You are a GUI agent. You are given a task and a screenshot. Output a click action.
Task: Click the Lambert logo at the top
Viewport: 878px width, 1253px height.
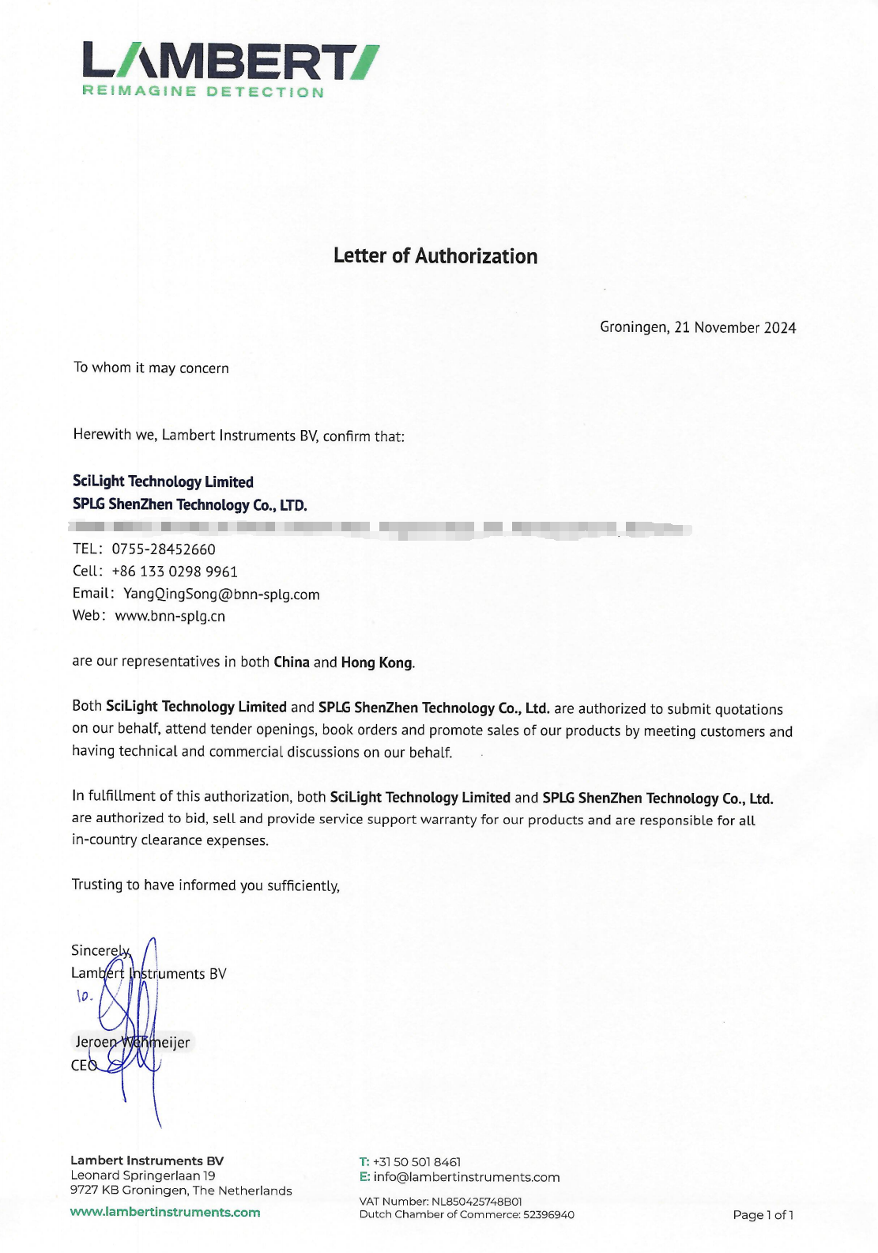230,62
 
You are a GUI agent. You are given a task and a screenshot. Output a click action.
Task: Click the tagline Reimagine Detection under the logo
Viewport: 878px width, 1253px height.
203,92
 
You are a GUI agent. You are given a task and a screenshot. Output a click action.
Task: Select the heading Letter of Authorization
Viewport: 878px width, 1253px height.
435,256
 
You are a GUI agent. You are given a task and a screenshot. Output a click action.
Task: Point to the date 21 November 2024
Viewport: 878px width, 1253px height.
735,327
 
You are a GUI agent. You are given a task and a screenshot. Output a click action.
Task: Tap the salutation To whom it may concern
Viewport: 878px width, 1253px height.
151,368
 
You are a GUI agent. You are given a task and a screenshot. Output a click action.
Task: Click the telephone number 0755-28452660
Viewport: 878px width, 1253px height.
164,549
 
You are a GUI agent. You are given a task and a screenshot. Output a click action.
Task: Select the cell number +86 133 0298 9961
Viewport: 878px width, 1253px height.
175,571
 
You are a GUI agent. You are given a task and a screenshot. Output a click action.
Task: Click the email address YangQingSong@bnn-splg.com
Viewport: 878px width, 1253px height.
221,594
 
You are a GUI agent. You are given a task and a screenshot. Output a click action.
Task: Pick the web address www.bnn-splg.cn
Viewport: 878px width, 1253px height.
170,616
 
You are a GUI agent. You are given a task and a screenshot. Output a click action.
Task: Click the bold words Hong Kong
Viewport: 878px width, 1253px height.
377,662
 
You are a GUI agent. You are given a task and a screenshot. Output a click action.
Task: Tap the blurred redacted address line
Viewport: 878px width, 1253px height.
379,527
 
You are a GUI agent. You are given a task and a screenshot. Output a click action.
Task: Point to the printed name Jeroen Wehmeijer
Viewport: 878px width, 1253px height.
133,1042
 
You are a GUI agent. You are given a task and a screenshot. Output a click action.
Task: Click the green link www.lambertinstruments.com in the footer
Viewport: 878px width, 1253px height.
165,1212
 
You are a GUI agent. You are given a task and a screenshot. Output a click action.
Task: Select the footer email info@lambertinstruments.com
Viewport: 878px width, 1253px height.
466,1177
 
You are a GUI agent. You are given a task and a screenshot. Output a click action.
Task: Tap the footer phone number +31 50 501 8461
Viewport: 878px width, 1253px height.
416,1162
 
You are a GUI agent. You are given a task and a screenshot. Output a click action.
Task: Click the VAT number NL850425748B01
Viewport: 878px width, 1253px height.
477,1202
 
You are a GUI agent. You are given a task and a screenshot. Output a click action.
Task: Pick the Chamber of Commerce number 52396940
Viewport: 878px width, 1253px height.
548,1214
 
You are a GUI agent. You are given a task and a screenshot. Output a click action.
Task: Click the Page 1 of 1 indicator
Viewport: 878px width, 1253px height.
763,1215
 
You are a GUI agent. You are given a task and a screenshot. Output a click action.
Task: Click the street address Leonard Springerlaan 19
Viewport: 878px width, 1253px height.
143,1176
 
